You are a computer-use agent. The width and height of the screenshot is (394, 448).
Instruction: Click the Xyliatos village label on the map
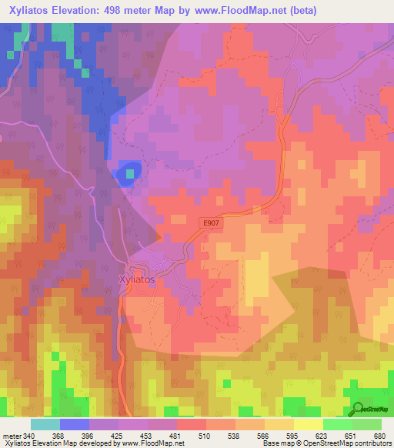pos(136,280)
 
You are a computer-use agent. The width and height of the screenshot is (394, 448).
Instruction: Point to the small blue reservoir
pos(129,174)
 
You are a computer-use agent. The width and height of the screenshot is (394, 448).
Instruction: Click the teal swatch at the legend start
pos(45,424)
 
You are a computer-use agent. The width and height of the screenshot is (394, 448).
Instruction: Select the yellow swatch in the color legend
pos(308,424)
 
